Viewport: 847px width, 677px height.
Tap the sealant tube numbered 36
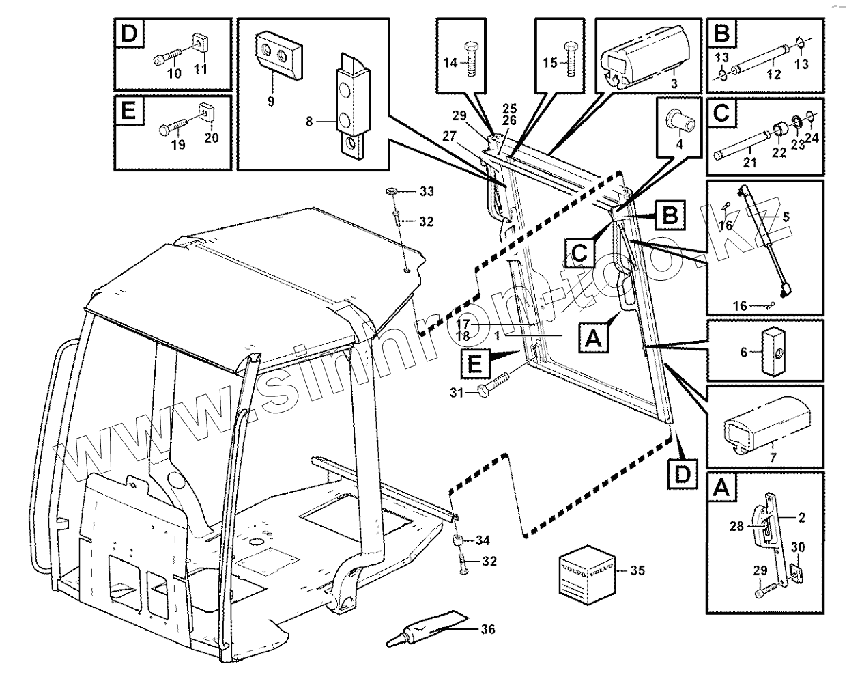[427, 628]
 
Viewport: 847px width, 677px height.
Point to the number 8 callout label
[309, 122]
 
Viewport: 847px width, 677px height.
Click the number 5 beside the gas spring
[786, 217]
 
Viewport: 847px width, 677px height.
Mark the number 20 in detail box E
[212, 137]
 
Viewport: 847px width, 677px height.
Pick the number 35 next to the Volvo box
[637, 569]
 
